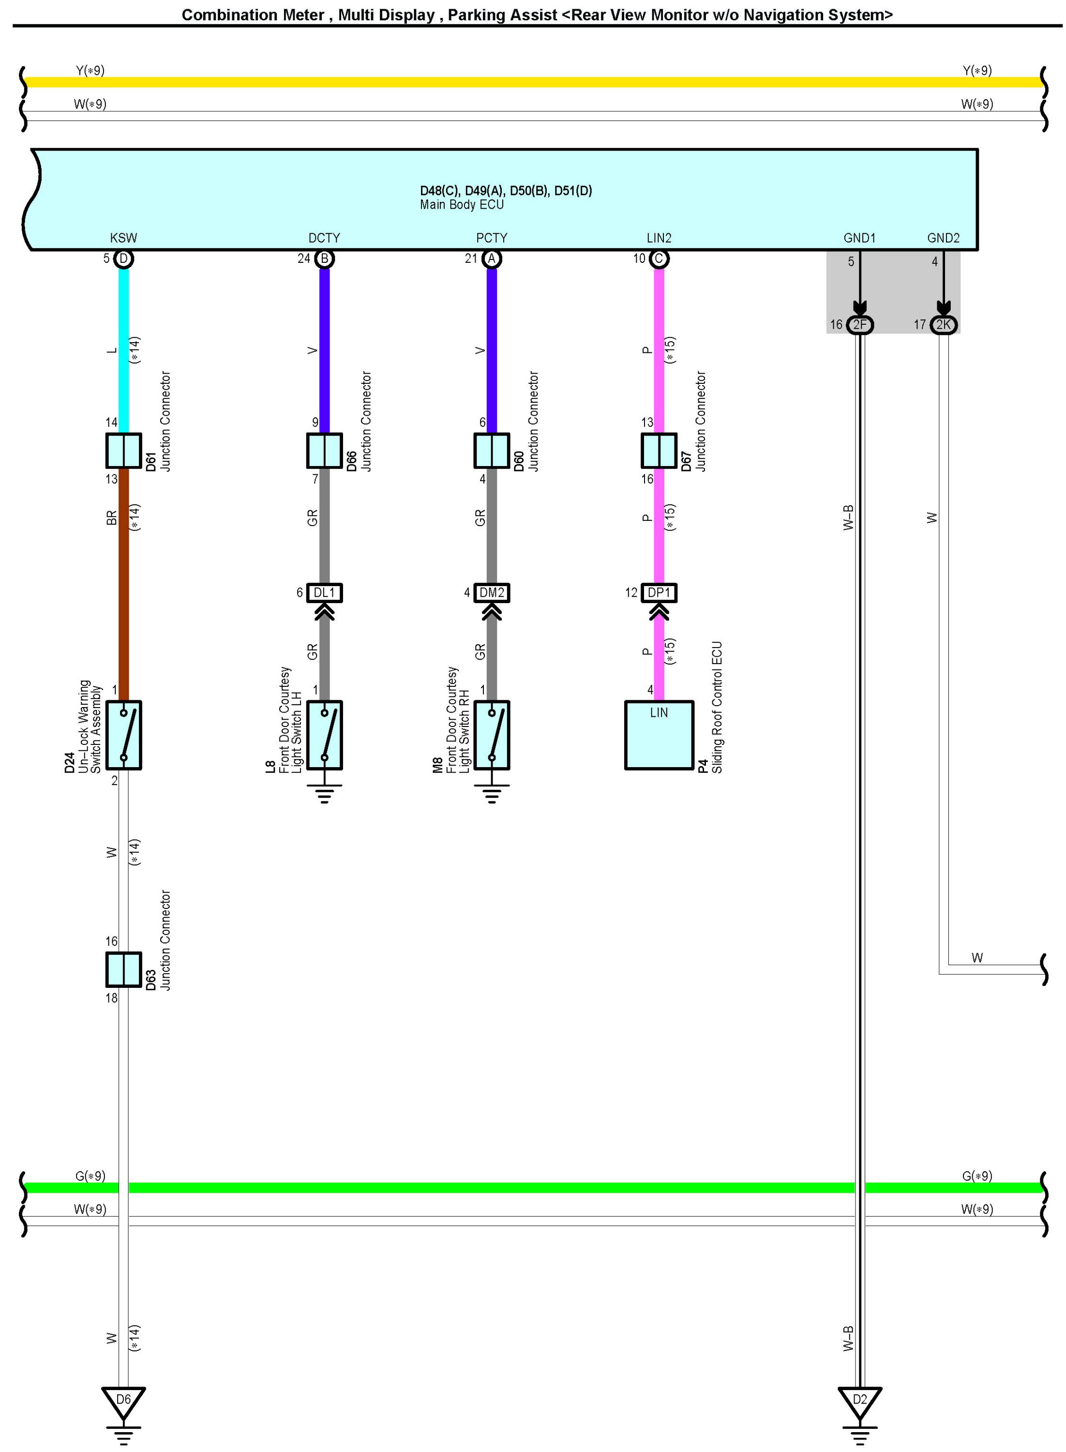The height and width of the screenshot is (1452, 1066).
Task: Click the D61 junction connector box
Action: pos(123,451)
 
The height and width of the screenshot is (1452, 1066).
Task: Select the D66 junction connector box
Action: pos(324,451)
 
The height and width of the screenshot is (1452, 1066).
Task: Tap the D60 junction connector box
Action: pos(492,451)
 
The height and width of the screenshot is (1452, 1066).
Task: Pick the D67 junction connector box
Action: pos(659,451)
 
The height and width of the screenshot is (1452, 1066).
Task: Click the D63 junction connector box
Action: pos(123,969)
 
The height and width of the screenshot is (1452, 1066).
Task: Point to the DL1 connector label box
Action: pos(324,592)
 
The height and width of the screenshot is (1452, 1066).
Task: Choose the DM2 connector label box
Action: pos(492,592)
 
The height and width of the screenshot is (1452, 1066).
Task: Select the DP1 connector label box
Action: pos(659,592)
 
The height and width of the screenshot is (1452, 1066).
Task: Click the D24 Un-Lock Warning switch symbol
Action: pos(123,735)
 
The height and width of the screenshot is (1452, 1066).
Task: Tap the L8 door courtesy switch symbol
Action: pos(324,735)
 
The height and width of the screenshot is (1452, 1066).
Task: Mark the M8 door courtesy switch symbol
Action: pos(492,735)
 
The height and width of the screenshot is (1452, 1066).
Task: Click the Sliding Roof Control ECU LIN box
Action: pos(659,735)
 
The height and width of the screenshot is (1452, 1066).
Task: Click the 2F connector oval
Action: pos(859,325)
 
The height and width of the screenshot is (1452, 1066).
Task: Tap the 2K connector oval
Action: pos(944,325)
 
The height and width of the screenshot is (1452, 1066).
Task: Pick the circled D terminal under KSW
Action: pos(123,259)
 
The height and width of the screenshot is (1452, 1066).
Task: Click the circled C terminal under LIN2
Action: pos(659,259)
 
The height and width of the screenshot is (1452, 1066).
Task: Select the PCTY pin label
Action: pos(492,238)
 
